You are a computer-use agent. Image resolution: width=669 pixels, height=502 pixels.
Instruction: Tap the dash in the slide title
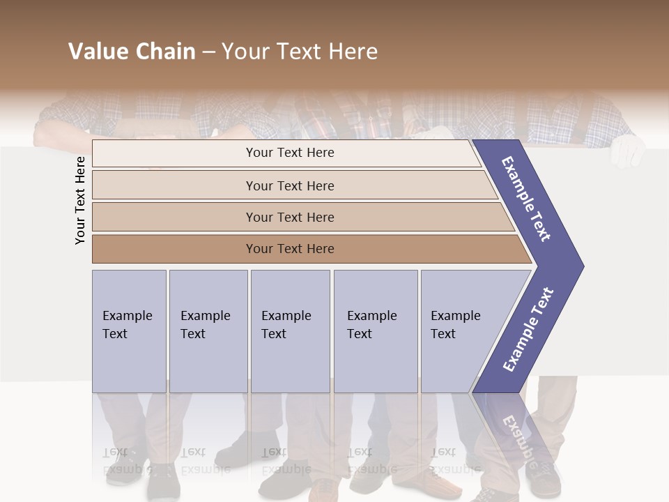pyautogui.click(x=208, y=52)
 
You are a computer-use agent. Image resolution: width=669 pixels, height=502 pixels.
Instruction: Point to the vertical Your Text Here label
pyautogui.click(x=80, y=200)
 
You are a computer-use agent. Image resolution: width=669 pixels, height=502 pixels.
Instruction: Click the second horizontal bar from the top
pyautogui.click(x=290, y=185)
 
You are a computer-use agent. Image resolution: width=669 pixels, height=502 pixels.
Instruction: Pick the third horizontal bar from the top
pyautogui.click(x=290, y=217)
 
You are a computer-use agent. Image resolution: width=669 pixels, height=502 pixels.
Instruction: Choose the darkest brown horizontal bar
pyautogui.click(x=290, y=249)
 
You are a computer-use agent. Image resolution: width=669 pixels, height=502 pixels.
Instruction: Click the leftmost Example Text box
pyautogui.click(x=129, y=330)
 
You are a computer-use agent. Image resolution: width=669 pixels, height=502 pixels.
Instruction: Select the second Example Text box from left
pyautogui.click(x=208, y=330)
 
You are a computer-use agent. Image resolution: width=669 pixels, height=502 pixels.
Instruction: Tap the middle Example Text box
pyautogui.click(x=290, y=330)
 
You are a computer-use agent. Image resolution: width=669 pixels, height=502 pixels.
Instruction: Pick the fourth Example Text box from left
pyautogui.click(x=375, y=330)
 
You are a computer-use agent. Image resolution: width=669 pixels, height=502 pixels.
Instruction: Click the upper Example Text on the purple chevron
pyautogui.click(x=526, y=199)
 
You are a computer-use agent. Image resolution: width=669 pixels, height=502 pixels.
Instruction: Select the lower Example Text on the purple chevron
pyautogui.click(x=528, y=330)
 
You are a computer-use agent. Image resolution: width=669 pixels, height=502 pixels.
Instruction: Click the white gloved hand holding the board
pyautogui.click(x=630, y=151)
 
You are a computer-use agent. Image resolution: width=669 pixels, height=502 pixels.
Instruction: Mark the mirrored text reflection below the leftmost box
pyautogui.click(x=125, y=460)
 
